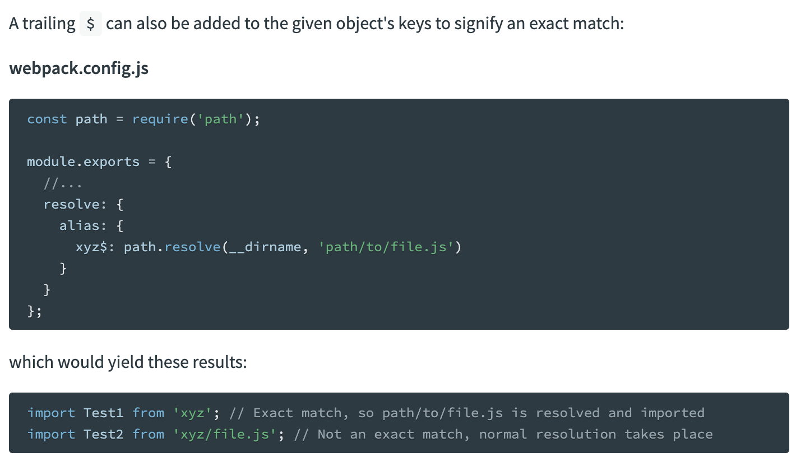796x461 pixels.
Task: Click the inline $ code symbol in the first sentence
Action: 91,24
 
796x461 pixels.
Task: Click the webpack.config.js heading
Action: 79,68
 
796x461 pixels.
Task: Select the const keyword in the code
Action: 47,119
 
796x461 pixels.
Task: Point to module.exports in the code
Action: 83,162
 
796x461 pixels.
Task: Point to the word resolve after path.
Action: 192,247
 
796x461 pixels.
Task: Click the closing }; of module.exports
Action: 34,311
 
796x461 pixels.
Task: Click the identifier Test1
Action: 103,413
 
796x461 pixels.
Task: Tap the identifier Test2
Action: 103,434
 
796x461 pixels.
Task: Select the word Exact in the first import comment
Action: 273,413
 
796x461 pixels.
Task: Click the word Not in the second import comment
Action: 329,434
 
